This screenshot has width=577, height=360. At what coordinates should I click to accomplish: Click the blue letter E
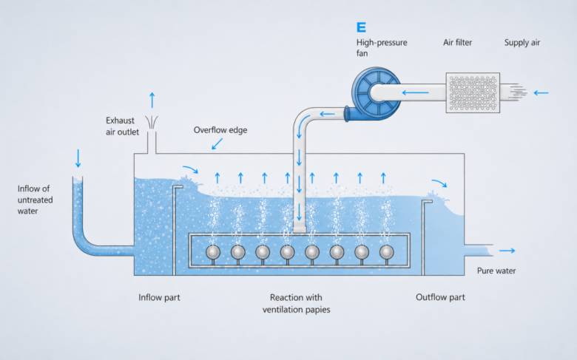pos(361,27)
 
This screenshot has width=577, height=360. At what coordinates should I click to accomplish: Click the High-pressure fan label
pos(382,48)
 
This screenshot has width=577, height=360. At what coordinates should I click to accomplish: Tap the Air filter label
pos(457,43)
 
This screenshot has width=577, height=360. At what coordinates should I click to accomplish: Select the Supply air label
pos(522,43)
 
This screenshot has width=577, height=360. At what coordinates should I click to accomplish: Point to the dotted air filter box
pos(473,92)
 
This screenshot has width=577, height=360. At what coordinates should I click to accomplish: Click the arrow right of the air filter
pos(541,92)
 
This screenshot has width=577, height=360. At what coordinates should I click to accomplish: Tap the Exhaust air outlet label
pos(122,126)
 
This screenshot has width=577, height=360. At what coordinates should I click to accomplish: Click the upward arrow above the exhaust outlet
pos(152,101)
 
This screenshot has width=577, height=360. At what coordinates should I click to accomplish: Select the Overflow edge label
pos(220,130)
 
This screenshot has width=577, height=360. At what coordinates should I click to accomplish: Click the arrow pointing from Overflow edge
pos(217,144)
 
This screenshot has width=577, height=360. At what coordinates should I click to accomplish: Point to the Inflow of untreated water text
pos(35,200)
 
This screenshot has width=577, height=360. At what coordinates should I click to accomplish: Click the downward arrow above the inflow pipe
pos(78,158)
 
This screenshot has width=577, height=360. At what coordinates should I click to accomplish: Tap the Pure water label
pos(496,271)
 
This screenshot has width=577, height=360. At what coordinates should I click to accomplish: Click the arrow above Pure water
pos(507,251)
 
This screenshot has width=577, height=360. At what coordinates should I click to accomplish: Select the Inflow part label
pos(159,297)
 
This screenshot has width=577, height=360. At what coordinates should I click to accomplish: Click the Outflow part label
pos(440,297)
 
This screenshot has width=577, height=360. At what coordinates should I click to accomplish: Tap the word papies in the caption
pos(317,310)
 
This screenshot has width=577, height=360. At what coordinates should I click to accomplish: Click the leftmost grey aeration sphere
pos(213,252)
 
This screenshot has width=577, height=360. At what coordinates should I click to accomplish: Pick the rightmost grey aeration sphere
pos(386,252)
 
